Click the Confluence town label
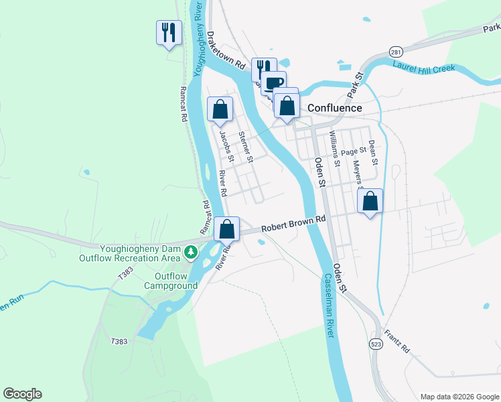coord(334,108)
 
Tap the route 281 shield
coord(397,52)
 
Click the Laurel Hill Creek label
coord(423,68)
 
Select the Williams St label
coord(334,147)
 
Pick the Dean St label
coord(373,153)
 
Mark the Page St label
coord(353,151)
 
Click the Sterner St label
coord(246,147)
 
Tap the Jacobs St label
coord(226,146)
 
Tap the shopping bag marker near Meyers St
coord(370,200)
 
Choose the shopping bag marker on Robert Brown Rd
coord(227,229)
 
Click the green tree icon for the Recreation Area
coord(192,251)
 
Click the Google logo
coord(22,394)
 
